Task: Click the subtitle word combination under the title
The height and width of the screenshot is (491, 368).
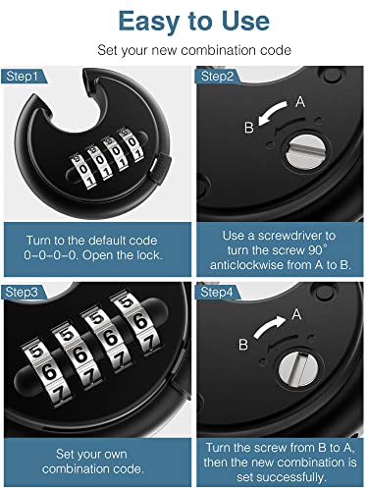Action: point(217,50)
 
